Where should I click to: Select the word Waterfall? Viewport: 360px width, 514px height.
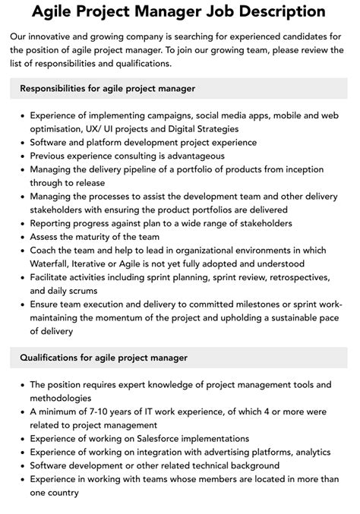point(53,264)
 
